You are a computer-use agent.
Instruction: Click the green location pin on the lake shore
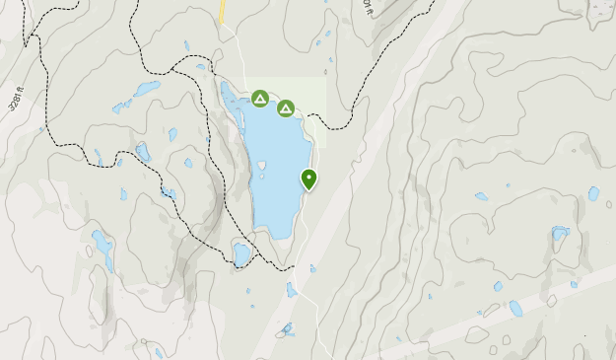[309, 180]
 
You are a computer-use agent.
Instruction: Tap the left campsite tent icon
[259, 98]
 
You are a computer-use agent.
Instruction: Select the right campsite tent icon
[286, 108]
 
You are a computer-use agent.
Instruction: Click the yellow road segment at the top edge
[224, 11]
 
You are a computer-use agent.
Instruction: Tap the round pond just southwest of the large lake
[241, 253]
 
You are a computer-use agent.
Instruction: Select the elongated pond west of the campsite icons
[148, 88]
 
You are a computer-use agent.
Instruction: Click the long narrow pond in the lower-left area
[103, 249]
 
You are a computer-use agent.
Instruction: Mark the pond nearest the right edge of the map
[593, 193]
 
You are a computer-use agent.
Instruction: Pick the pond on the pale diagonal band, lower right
[515, 308]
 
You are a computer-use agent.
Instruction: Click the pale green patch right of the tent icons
[310, 94]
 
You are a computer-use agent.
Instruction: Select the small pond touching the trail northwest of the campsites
[201, 67]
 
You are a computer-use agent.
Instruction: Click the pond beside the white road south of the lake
[292, 290]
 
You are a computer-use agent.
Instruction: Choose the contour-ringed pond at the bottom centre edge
[287, 329]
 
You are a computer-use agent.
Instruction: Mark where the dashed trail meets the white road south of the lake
[293, 266]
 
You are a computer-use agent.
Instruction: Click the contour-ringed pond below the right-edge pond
[560, 234]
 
